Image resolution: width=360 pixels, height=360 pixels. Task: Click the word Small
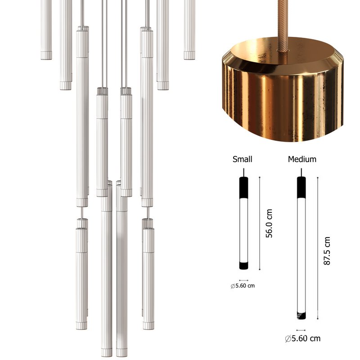tap(242, 159)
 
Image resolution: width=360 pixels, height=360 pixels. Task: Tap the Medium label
tap(302, 159)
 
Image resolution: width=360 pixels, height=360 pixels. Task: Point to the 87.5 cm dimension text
tap(327, 251)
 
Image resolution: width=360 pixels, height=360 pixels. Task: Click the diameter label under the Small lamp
tap(243, 286)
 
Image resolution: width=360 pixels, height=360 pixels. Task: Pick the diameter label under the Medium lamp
tap(302, 338)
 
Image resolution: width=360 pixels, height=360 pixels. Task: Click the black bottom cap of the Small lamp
tap(243, 265)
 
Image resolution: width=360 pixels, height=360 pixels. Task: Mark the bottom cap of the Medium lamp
tap(301, 315)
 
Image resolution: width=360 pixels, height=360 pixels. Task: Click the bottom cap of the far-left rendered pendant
tap(46, 55)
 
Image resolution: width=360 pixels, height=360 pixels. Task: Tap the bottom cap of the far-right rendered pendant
tap(189, 55)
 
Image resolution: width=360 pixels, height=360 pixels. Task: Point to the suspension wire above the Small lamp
tap(243, 172)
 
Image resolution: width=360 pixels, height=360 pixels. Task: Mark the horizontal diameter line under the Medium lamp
tap(301, 330)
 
